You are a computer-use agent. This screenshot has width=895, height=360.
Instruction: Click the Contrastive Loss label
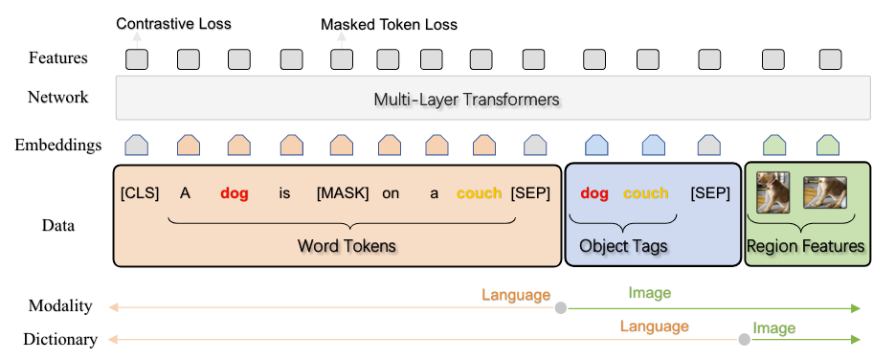coord(173,23)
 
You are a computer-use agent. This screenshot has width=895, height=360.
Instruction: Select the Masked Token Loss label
coord(389,23)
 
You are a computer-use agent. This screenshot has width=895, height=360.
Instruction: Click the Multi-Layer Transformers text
coord(466,99)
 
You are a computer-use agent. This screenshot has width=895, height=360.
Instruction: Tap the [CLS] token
coord(140,193)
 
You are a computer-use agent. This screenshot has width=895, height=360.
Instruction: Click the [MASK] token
coord(342,193)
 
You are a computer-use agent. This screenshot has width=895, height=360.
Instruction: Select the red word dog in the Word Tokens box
coord(235,193)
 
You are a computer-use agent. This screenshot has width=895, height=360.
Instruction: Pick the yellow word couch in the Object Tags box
coord(646,193)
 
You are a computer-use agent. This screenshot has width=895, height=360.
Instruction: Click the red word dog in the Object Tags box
coord(594,193)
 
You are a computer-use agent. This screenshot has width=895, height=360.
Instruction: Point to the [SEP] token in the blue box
coord(710,193)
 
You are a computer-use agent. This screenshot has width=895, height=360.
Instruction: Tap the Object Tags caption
coord(623,246)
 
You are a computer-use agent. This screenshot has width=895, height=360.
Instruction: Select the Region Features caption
coord(806,246)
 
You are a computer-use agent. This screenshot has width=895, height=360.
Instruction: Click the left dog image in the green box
coord(773,191)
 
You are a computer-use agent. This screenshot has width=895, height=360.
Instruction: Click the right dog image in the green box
coord(826,193)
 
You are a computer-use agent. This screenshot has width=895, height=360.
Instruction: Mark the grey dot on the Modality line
coord(560,308)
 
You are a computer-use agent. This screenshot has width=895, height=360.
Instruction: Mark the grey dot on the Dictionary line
coord(744,340)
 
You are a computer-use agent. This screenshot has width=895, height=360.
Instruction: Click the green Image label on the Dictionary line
coord(774,327)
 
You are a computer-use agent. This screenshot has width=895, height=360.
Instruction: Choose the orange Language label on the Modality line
coord(516,295)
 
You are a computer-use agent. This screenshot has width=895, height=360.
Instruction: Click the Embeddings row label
coord(58,146)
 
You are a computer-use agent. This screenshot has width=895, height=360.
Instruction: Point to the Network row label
coord(57,98)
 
